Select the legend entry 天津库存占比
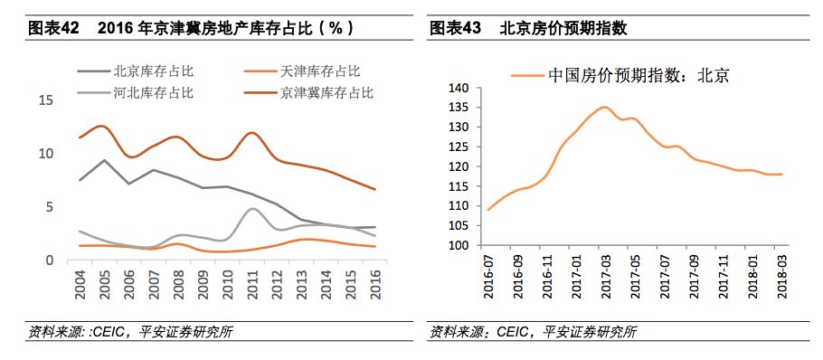tap(322, 71)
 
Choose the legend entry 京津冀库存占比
tap(327, 92)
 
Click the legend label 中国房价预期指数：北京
tap(638, 76)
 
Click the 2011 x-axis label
tap(254, 283)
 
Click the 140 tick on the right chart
tap(458, 88)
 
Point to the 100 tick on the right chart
tap(458, 245)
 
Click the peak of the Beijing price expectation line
tap(604, 108)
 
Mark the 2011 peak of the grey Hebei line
tap(254, 209)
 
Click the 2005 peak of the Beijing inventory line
tap(106, 160)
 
